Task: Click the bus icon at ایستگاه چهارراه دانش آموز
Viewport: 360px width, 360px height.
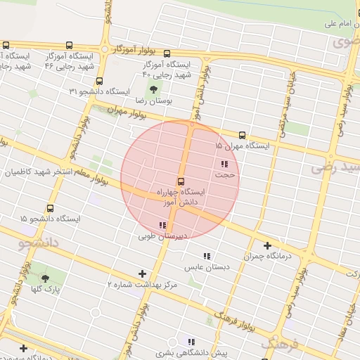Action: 181,181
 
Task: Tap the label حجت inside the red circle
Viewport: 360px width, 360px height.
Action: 224,174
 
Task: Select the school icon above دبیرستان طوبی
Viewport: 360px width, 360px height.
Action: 162,226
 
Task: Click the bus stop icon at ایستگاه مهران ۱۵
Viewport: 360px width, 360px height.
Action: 242,135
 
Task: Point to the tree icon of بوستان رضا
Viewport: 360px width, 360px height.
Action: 154,89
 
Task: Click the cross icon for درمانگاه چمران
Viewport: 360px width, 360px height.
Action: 267,245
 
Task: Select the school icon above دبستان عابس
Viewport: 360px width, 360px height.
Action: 207,257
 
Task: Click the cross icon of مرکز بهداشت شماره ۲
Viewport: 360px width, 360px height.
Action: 143,274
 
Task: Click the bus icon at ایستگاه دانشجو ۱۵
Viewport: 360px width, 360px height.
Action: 50,208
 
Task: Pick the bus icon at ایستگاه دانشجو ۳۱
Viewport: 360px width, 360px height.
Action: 99,81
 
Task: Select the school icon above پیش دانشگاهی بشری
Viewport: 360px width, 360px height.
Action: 191,342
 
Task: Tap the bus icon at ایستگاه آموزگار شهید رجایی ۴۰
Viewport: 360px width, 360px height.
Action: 167,53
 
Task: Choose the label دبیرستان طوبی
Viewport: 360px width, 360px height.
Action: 163,236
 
